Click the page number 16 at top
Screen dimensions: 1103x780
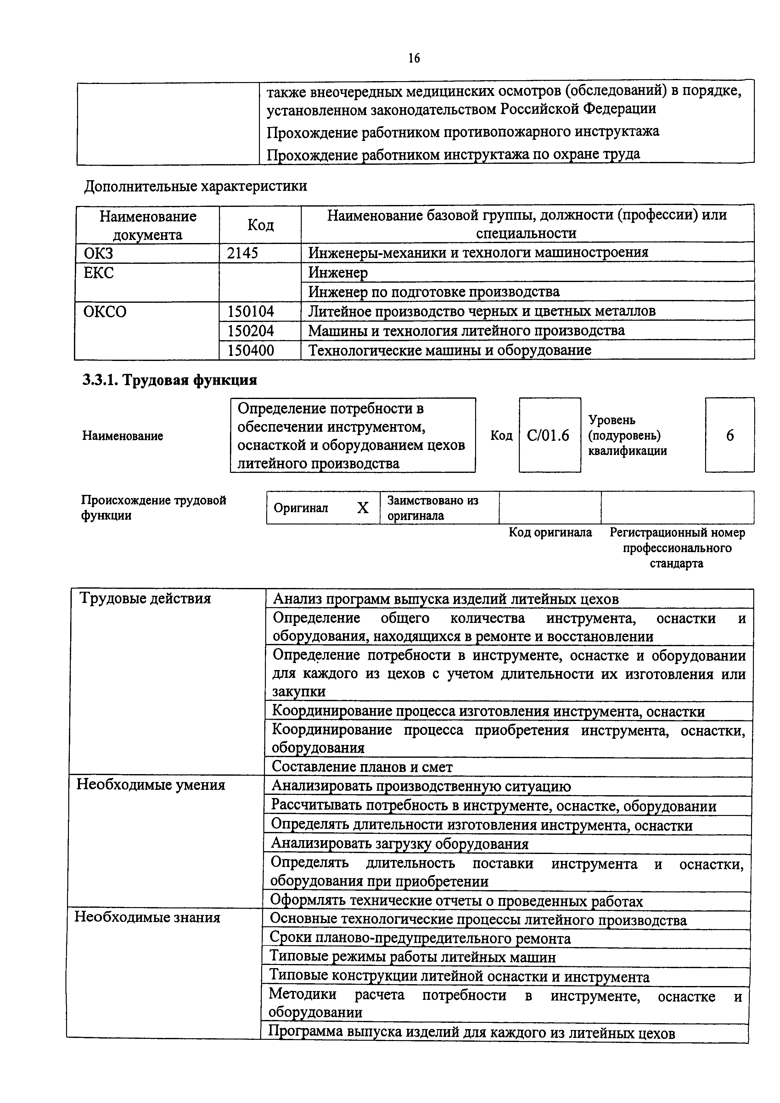pos(414,58)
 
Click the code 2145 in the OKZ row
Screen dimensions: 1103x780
pos(242,253)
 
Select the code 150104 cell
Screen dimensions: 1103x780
pos(250,311)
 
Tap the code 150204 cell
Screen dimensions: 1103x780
pos(250,330)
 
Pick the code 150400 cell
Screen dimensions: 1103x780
pos(250,350)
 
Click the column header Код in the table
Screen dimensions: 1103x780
pos(261,224)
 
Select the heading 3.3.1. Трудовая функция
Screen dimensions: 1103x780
pos(170,380)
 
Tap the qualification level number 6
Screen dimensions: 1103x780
pos(730,435)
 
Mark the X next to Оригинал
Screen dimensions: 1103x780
pos(363,508)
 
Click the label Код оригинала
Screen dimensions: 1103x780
pos(550,532)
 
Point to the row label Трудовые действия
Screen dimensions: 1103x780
pos(145,599)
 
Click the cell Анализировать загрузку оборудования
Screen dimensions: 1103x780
pos(399,844)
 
